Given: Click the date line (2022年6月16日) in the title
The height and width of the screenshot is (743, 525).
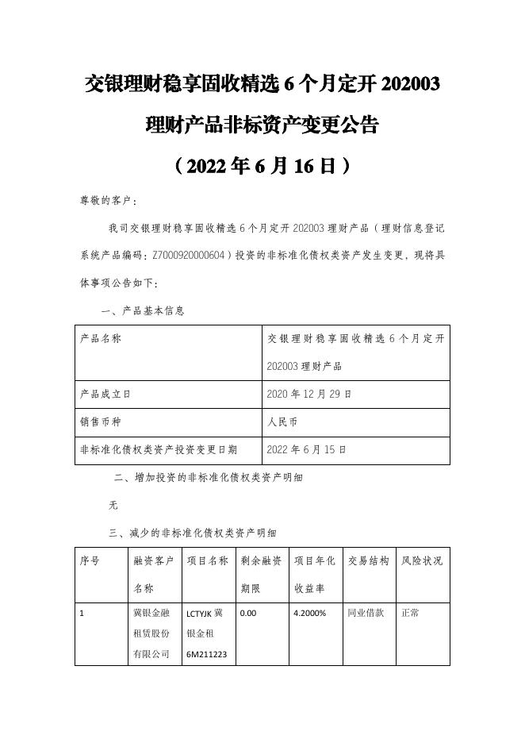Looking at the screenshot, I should (x=262, y=166).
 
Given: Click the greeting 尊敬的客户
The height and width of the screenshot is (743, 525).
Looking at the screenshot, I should (x=108, y=201).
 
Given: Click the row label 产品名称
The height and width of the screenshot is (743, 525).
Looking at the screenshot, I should (x=101, y=338).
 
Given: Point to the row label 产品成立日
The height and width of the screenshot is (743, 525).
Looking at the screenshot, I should (x=106, y=393).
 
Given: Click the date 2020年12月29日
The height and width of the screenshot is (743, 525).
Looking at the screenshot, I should (x=309, y=393).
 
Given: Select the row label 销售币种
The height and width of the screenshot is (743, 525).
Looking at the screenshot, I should (x=101, y=421).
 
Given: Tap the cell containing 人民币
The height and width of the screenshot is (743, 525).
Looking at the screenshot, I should (x=284, y=421).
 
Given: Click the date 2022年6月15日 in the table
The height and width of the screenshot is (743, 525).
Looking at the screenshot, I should (x=307, y=448).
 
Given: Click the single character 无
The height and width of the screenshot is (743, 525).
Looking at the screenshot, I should (x=113, y=505).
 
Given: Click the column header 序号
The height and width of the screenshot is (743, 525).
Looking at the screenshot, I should (x=90, y=560).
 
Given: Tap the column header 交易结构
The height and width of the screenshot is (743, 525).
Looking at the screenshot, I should (x=368, y=560).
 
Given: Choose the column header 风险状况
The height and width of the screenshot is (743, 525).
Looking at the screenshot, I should (x=422, y=560).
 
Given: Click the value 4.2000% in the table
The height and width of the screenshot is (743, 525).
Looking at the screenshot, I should (x=310, y=614).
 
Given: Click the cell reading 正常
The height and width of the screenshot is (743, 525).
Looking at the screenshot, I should (x=411, y=614).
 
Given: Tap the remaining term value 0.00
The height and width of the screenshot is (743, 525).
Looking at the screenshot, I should (x=248, y=614).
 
